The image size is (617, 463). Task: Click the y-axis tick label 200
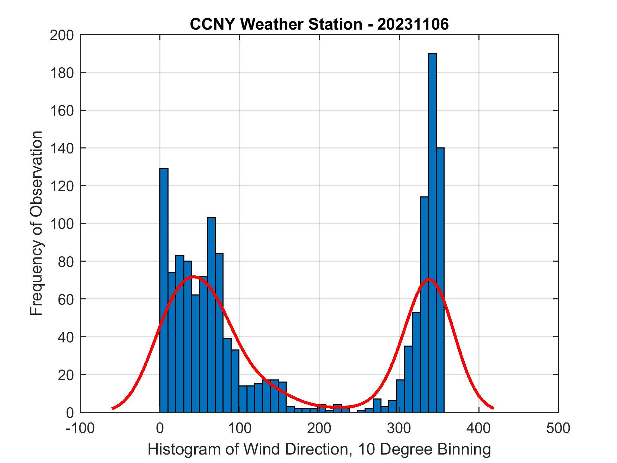click(62, 35)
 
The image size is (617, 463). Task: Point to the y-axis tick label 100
click(62, 224)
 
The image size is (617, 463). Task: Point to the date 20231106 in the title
click(413, 24)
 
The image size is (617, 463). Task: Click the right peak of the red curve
click(429, 279)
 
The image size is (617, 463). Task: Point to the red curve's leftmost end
click(112, 408)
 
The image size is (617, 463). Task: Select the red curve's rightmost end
click(493, 408)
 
